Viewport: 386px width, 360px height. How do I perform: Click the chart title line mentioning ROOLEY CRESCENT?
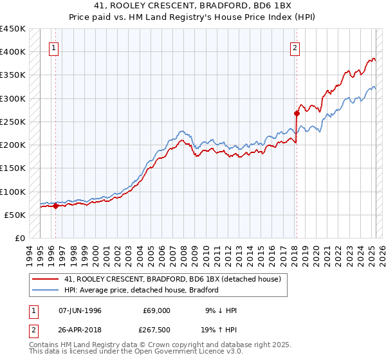tap(193, 6)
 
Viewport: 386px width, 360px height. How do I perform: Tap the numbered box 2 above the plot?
tap(295, 47)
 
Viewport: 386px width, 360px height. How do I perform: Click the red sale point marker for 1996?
tap(55, 206)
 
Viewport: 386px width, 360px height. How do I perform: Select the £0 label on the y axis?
tap(19, 238)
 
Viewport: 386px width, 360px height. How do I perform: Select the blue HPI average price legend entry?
tap(142, 290)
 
